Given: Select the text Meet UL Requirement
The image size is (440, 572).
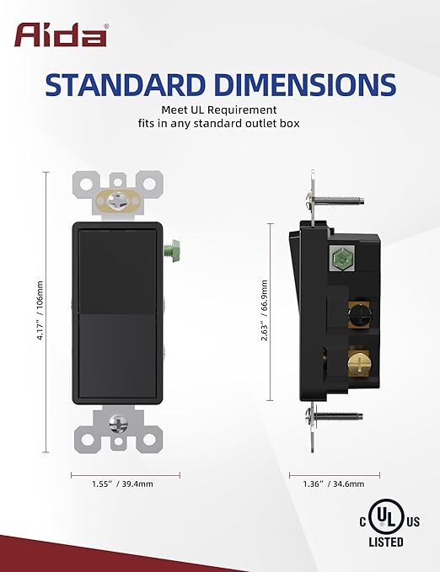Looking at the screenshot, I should (x=220, y=109).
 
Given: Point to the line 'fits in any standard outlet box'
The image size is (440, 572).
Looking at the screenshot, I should (x=220, y=123).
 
